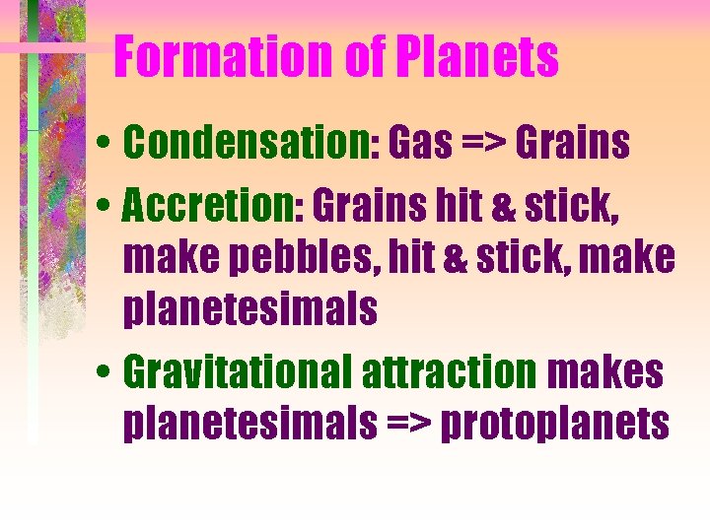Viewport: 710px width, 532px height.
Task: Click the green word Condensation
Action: [247, 144]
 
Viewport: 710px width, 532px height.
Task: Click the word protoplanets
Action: [555, 425]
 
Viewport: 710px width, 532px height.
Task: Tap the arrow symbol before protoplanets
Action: [408, 425]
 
